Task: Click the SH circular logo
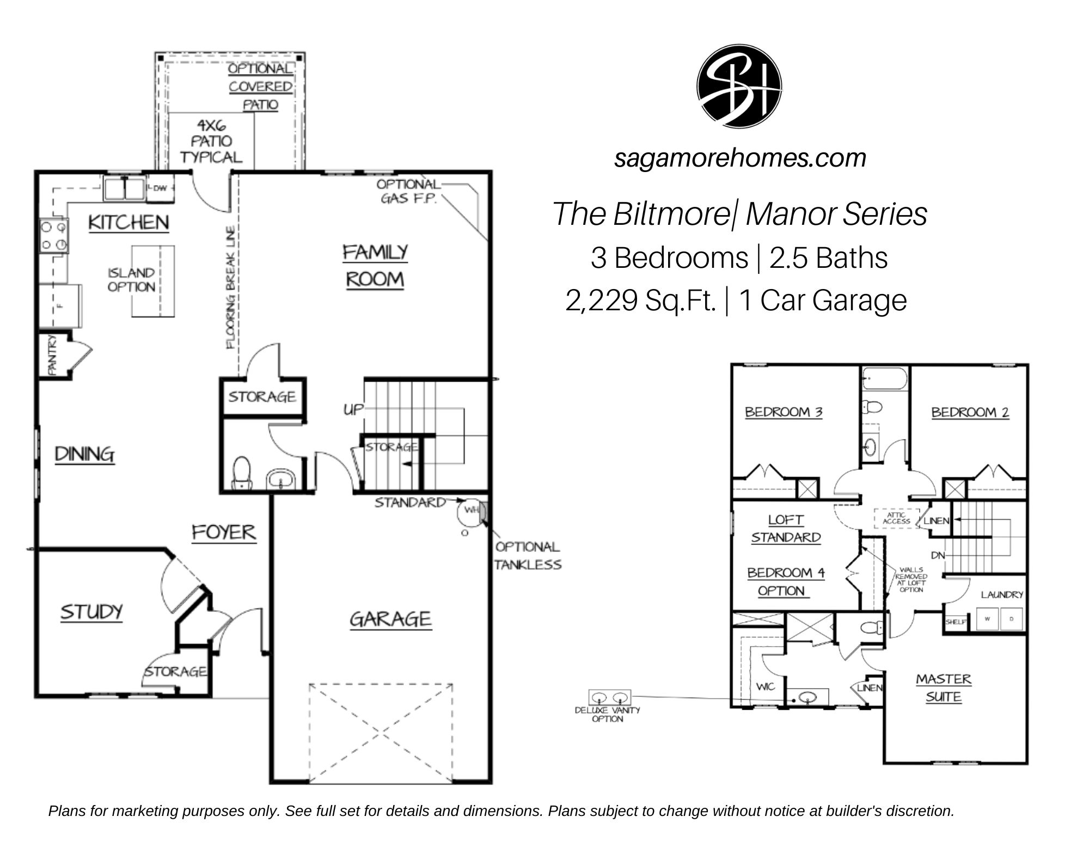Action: point(739,86)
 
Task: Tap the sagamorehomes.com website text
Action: point(740,158)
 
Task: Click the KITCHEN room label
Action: point(129,222)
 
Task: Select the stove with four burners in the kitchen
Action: point(54,236)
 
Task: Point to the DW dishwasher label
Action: point(160,188)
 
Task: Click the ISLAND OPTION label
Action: point(131,280)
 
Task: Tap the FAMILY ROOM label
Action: point(375,266)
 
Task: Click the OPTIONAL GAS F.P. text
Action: point(408,192)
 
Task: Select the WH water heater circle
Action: point(470,511)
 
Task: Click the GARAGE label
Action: point(390,619)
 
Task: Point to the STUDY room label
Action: point(91,612)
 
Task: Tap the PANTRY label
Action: point(53,355)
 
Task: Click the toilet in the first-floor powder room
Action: point(241,472)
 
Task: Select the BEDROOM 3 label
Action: point(784,412)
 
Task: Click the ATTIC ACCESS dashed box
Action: point(896,518)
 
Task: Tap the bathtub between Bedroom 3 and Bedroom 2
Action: point(885,378)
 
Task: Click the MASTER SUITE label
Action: point(944,687)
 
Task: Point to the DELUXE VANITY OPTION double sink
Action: point(610,697)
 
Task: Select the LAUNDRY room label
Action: point(1002,594)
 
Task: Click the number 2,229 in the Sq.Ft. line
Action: point(601,300)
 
